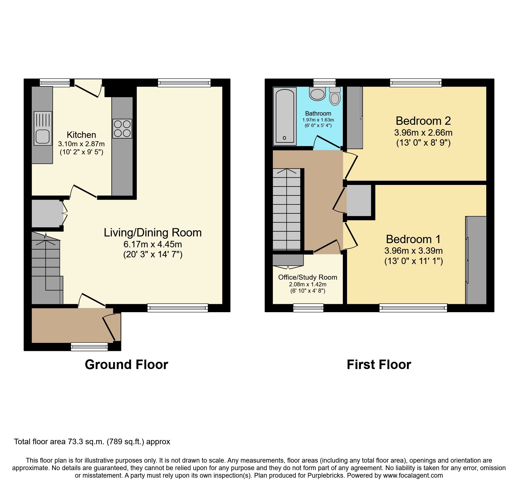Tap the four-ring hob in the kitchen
[122, 129]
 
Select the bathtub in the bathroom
[285, 116]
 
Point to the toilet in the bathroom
[335, 96]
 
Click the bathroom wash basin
[317, 94]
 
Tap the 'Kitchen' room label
[81, 135]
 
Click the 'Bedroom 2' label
[423, 121]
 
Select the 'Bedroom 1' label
[413, 239]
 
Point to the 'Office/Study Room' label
[308, 277]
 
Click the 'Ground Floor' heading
[126, 365]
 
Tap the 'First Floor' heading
[379, 365]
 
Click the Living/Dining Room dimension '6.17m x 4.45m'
[153, 244]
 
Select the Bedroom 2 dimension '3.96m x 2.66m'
[423, 133]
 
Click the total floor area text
[92, 442]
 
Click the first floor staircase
[287, 209]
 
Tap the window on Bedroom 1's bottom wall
[413, 308]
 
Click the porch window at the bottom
[89, 346]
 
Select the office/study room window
[308, 308]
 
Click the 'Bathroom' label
[318, 113]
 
